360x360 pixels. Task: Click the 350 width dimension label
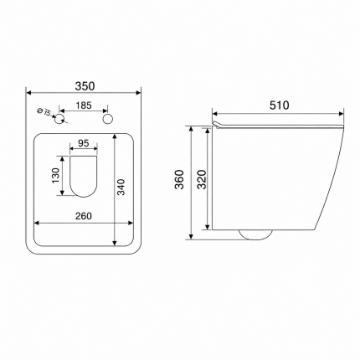pos(85,86)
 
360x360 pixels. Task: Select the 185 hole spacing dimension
pos(84,105)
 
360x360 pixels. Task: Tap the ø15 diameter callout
pos(44,112)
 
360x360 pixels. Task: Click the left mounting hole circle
pos(59,119)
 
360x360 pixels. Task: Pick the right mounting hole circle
pos(108,119)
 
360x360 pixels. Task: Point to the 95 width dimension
pos(84,143)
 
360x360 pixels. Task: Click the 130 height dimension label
pos(56,176)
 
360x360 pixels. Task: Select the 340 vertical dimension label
pos(121,188)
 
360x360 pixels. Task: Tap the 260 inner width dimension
pos(84,216)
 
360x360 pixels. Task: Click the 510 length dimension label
pos(280,105)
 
